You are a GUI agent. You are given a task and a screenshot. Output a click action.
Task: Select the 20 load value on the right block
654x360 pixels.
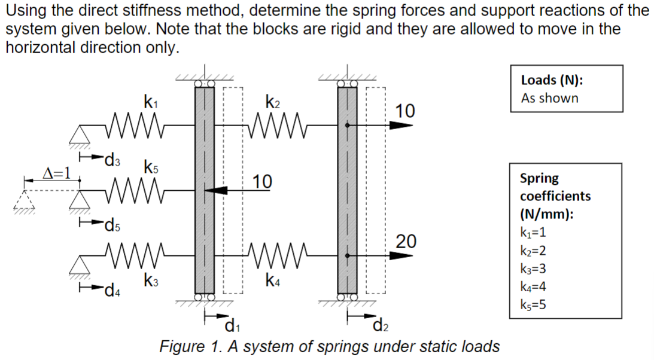pos(406,242)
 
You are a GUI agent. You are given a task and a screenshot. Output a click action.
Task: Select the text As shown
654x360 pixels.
pos(549,99)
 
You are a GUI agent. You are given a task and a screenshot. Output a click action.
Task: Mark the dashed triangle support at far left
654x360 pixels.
pos(25,204)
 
